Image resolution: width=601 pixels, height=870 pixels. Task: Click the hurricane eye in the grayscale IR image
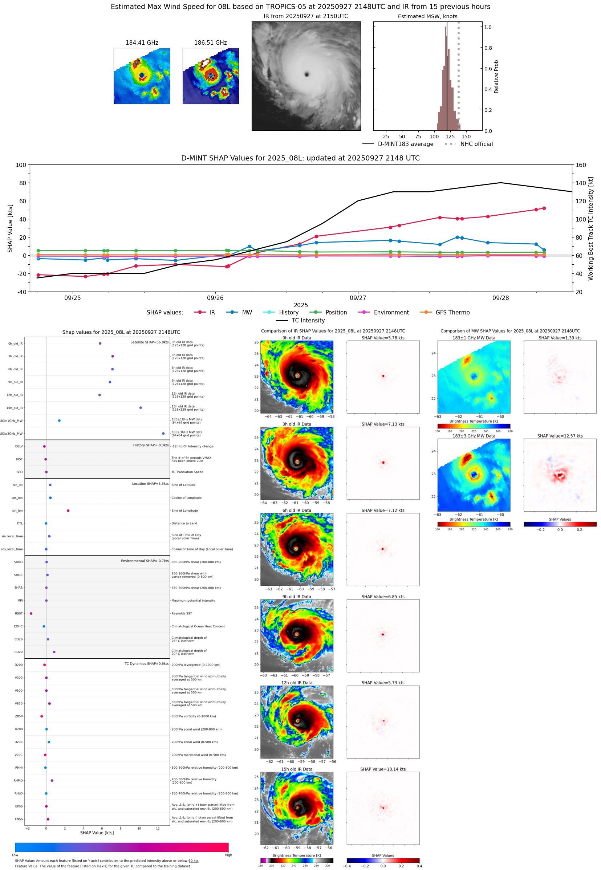pyautogui.click(x=306, y=74)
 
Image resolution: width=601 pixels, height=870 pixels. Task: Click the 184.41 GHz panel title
pyautogui.click(x=142, y=43)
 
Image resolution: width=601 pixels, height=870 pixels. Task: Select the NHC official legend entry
pyautogui.click(x=476, y=144)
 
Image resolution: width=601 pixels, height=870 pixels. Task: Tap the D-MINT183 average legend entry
pyautogui.click(x=405, y=144)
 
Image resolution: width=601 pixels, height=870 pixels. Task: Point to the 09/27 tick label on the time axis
pyautogui.click(x=357, y=298)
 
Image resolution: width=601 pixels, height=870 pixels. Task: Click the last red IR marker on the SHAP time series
pyautogui.click(x=544, y=208)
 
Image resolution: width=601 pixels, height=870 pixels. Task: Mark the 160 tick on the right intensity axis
pyautogui.click(x=581, y=165)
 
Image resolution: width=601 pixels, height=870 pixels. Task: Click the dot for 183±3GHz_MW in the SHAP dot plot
pyautogui.click(x=163, y=433)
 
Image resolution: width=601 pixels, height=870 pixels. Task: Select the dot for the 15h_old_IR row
pyautogui.click(x=141, y=408)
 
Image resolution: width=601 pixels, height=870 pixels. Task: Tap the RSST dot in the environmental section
pyautogui.click(x=31, y=613)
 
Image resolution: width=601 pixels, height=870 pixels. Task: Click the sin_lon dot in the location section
pyautogui.click(x=68, y=511)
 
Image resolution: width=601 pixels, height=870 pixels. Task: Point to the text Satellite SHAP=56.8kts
pyautogui.click(x=149, y=342)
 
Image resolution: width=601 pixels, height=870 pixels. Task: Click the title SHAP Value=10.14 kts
pyautogui.click(x=383, y=769)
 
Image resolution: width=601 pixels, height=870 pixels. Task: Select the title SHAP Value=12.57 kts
pyautogui.click(x=560, y=436)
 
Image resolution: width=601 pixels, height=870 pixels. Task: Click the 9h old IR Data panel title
pyautogui.click(x=297, y=597)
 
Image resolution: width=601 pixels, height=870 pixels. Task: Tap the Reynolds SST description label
pyautogui.click(x=182, y=613)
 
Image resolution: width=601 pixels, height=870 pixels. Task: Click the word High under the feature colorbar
pyautogui.click(x=228, y=855)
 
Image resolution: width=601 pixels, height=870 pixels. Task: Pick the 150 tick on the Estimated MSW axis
pyautogui.click(x=466, y=137)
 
